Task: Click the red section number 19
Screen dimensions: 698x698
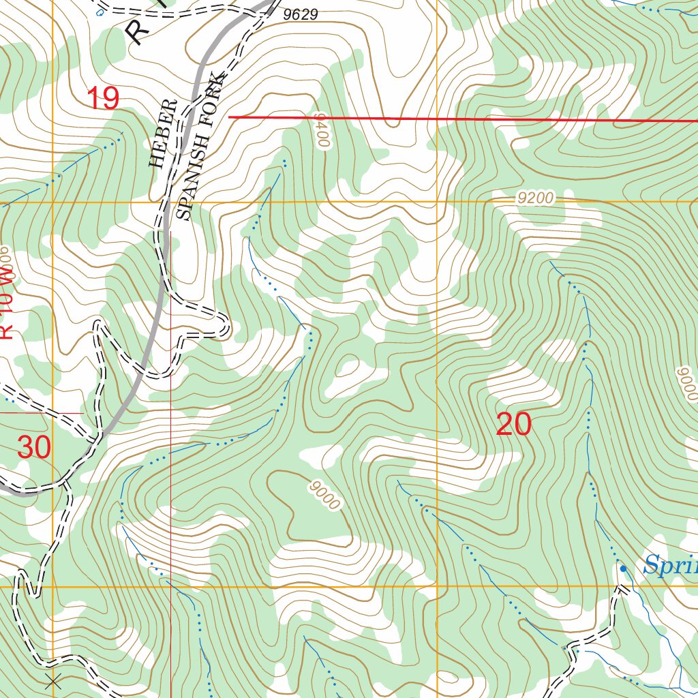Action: click(103, 99)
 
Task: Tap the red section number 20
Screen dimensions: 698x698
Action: click(513, 425)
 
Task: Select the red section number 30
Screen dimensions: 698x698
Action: click(34, 448)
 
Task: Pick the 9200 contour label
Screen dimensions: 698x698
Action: click(535, 198)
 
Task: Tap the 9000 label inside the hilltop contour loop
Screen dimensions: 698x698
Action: click(323, 494)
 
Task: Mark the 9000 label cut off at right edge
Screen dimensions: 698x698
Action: click(687, 384)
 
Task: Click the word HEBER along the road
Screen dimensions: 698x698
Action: click(157, 134)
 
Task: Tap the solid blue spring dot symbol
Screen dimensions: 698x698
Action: click(622, 568)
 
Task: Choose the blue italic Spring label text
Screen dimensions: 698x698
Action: click(670, 565)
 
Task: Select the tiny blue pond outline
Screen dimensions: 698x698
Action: click(101, 12)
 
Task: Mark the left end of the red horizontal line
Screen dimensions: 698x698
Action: click(229, 117)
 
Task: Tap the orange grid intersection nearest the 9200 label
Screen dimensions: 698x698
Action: click(437, 202)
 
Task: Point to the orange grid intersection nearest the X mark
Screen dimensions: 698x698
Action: click(52, 586)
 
